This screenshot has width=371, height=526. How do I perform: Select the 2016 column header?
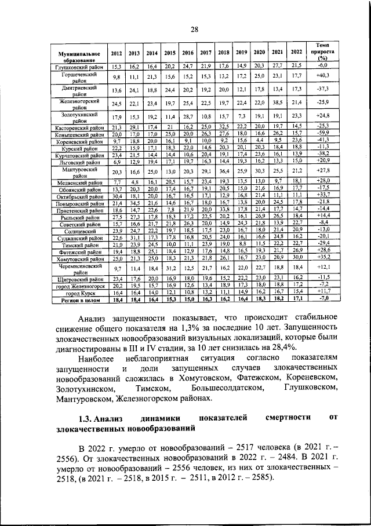click(188, 53)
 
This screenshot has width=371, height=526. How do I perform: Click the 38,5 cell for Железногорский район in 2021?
click(278, 104)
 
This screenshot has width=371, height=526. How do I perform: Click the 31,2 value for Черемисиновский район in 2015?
click(170, 269)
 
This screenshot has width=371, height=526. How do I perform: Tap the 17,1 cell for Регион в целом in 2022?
click(297, 299)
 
